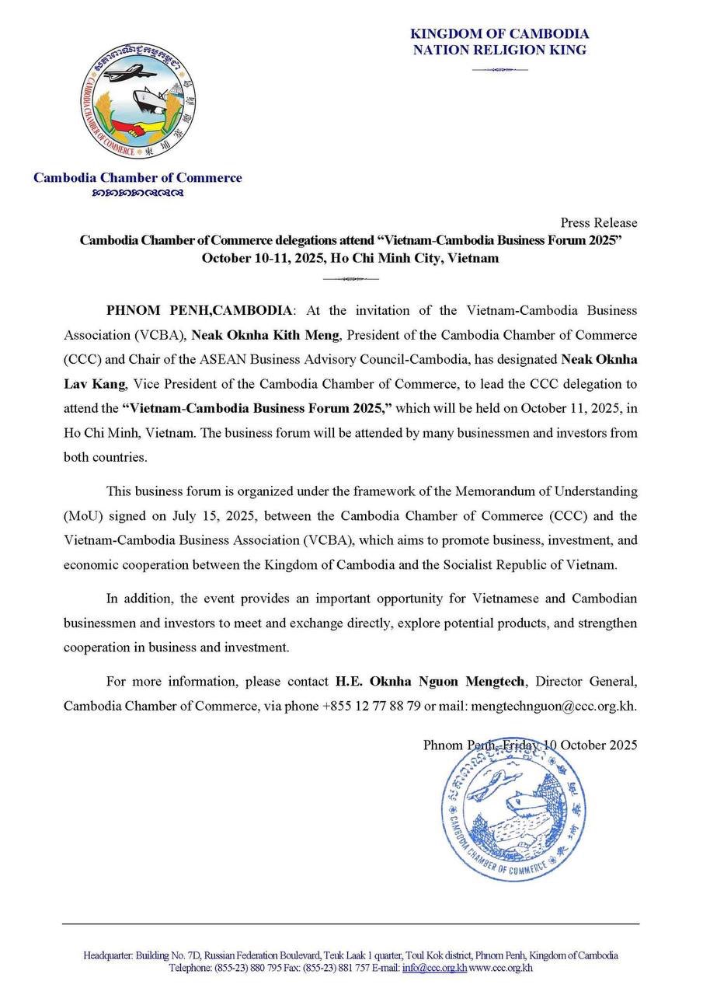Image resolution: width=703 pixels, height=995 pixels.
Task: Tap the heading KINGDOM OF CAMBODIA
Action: coord(499,34)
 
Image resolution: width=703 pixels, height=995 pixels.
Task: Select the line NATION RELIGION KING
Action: coord(499,51)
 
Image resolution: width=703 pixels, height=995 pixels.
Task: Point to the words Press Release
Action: coord(599,223)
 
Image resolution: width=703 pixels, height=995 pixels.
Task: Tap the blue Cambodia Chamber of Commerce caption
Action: coord(137,178)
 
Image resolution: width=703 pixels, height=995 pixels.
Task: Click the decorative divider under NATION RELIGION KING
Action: coord(499,70)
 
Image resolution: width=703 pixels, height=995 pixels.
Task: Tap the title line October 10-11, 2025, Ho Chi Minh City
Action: coord(350,258)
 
